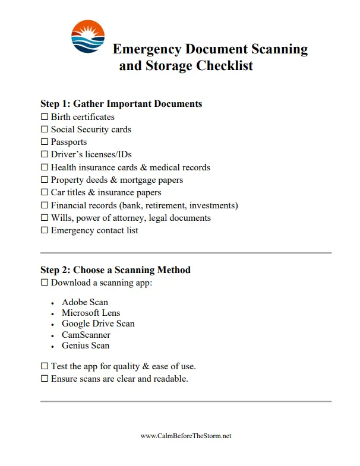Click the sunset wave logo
(x=87, y=37)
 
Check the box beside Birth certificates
(x=44, y=117)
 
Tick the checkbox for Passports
(x=44, y=142)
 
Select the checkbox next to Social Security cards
(x=44, y=129)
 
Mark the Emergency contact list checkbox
(x=44, y=230)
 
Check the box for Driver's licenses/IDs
(x=44, y=155)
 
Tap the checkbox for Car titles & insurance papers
(x=44, y=192)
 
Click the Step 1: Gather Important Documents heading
(x=121, y=104)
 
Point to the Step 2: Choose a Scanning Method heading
(x=115, y=270)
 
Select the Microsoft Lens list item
(x=90, y=313)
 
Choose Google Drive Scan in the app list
(x=98, y=324)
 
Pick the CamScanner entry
(x=86, y=335)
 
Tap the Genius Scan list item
(x=86, y=345)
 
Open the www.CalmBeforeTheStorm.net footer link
(x=185, y=436)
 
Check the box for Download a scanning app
(x=44, y=283)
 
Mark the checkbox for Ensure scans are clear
(x=44, y=379)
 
